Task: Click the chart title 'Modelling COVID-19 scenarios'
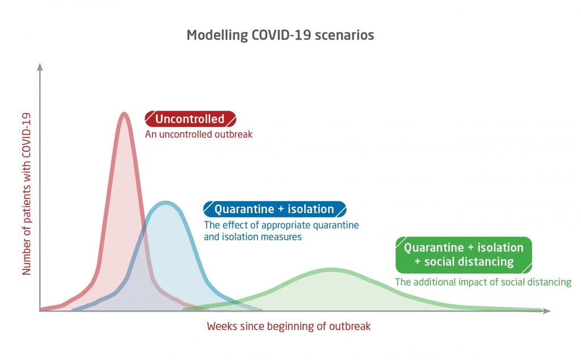coord(280,35)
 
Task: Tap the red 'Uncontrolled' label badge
coord(190,119)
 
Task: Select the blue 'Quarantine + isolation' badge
coord(275,209)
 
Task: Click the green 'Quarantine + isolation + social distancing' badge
coord(464,255)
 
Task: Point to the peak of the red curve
coord(124,114)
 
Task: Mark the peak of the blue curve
coord(166,203)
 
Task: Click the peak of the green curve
coord(331,270)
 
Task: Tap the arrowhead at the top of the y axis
coord(40,67)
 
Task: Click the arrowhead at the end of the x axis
coord(547,311)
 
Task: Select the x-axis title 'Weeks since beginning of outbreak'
coord(289,326)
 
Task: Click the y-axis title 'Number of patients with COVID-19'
coord(26,194)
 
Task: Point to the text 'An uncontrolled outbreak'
coord(199,134)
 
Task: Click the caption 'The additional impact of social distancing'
coord(483,282)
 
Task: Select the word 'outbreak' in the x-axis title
coord(350,326)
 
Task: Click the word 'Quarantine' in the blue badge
coord(244,210)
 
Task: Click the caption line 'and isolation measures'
coord(252,237)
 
